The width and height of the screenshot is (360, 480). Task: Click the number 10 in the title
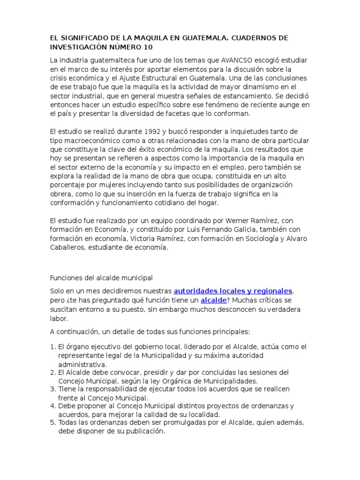(x=147, y=48)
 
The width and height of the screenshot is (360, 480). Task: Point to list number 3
(x=52, y=389)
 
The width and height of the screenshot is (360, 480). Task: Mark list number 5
(x=52, y=423)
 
